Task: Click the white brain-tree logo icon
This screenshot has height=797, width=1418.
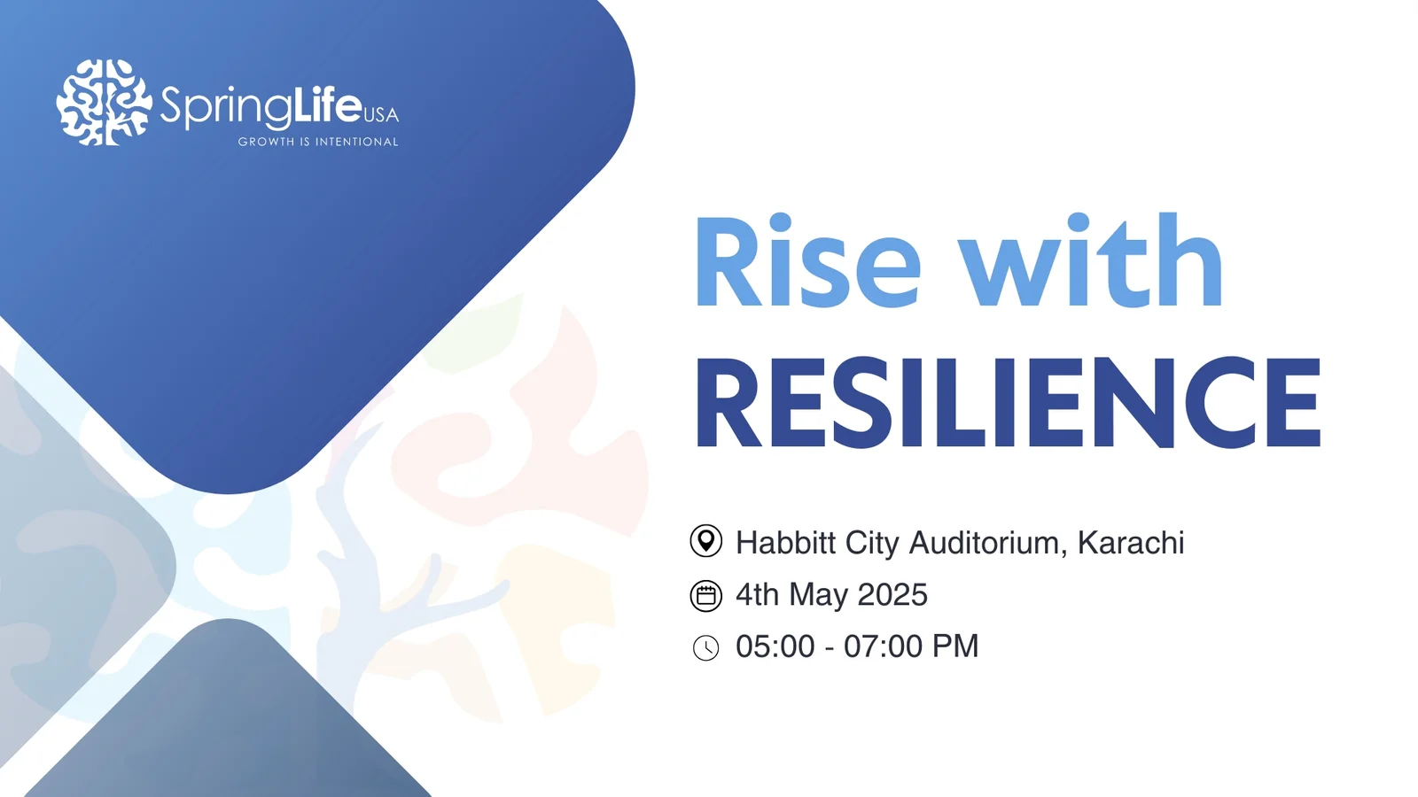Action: [x=105, y=103]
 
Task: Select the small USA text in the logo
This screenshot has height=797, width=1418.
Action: [x=382, y=114]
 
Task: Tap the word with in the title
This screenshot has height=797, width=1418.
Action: [x=1090, y=260]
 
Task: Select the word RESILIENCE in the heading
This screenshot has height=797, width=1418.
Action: [x=1009, y=402]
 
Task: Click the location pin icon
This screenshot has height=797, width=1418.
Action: [x=705, y=541]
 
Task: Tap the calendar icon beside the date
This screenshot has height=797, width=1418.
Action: [x=705, y=596]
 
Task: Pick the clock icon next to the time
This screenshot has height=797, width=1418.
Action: [x=705, y=647]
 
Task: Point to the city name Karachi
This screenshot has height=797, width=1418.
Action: [x=1131, y=543]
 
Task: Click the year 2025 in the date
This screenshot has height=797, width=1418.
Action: [x=892, y=594]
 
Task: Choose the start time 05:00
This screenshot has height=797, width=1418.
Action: [x=775, y=646]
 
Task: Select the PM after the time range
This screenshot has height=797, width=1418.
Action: [x=954, y=646]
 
